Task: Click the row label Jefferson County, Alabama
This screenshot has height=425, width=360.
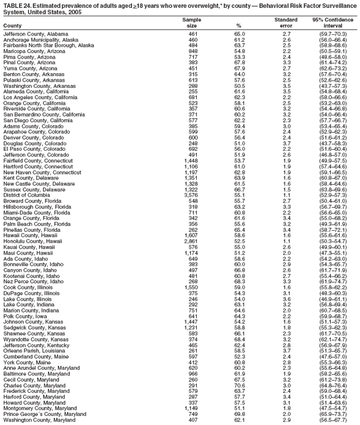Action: [x=31, y=34]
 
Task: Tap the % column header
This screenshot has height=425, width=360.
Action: [x=239, y=25]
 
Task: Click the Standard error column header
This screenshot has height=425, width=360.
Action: [x=286, y=23]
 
